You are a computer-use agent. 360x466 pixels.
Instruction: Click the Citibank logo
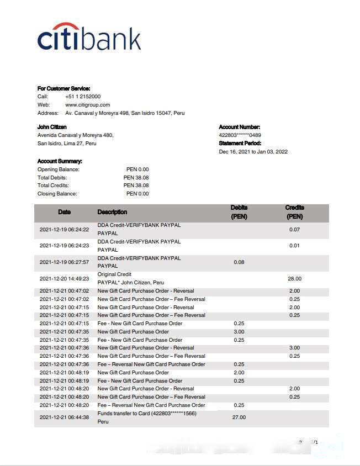[x=89, y=38]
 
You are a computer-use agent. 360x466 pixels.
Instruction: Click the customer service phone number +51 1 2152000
[x=83, y=97]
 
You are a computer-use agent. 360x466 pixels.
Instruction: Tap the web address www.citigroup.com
[x=88, y=105]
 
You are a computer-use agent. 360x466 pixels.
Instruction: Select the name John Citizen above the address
[x=52, y=127]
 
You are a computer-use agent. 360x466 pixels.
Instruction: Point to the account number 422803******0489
[x=240, y=135]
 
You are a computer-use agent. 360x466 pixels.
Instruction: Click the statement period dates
[x=253, y=152]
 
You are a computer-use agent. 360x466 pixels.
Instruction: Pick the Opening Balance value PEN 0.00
[x=137, y=170]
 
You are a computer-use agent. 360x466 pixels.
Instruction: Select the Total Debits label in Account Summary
[x=52, y=178]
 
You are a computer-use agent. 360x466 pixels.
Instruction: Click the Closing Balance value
[x=137, y=194]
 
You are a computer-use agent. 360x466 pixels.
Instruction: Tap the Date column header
[x=64, y=212]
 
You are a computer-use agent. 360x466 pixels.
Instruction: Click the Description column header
[x=112, y=212]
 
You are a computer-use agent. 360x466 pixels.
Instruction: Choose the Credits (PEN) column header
[x=294, y=213]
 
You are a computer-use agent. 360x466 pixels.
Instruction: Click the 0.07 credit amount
[x=294, y=229]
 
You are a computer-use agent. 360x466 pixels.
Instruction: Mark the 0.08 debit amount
[x=239, y=262]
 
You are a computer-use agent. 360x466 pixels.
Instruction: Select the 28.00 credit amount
[x=294, y=279]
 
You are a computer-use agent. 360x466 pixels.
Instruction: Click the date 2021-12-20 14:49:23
[x=64, y=279]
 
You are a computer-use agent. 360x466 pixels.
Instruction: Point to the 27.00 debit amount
[x=239, y=417]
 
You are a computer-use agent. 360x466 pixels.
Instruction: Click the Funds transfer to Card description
[x=147, y=414]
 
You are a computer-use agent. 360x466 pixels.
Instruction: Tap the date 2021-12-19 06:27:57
[x=64, y=262]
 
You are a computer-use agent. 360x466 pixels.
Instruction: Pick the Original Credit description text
[x=114, y=274]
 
